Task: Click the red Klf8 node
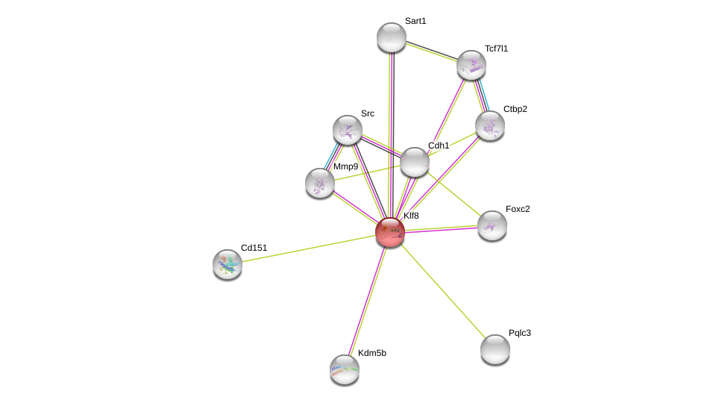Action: pos(390,232)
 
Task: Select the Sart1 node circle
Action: pos(392,37)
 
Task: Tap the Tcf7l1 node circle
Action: pos(471,65)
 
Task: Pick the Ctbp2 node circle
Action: pos(490,125)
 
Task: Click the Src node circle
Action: pos(348,130)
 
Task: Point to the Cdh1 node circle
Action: pos(415,162)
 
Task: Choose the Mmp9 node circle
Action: pos(320,183)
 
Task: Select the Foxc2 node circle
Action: pos(492,225)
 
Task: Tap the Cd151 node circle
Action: pos(228,264)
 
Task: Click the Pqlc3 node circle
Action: pos(495,349)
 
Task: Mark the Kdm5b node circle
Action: pos(345,369)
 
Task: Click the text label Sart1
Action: pos(415,21)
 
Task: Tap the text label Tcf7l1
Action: pos(496,49)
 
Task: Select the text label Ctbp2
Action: pos(515,109)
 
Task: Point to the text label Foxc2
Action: pos(518,209)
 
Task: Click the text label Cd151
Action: pos(254,248)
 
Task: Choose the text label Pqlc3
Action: pos(520,333)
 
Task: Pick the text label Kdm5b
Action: pos(372,353)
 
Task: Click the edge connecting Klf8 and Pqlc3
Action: pos(444,292)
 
